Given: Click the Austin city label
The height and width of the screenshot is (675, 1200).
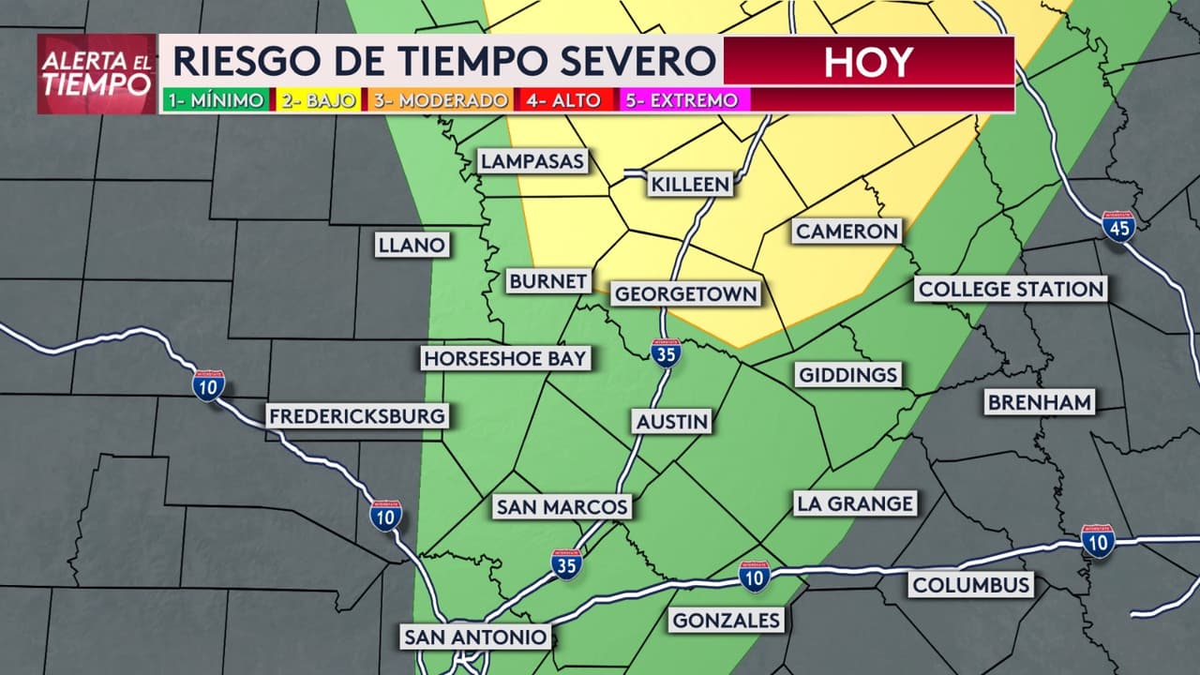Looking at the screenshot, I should pyautogui.click(x=672, y=421).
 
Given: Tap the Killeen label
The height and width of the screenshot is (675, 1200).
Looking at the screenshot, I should pyautogui.click(x=690, y=184).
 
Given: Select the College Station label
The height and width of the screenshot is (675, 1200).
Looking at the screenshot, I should pyautogui.click(x=1011, y=289).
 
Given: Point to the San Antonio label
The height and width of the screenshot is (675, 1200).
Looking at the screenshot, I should pyautogui.click(x=475, y=637).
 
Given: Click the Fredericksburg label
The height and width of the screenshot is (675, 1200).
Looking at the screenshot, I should pyautogui.click(x=357, y=416).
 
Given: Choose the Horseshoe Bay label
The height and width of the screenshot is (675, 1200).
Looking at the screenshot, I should pyautogui.click(x=504, y=358).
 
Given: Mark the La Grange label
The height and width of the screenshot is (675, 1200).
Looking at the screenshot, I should pyautogui.click(x=854, y=503).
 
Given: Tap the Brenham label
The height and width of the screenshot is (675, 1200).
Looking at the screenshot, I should pyautogui.click(x=1039, y=403).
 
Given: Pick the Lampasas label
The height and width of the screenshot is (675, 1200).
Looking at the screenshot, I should pyautogui.click(x=532, y=161).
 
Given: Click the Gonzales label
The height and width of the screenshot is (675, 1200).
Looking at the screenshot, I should pyautogui.click(x=727, y=620).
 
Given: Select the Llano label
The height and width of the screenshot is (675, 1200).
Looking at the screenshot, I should pyautogui.click(x=411, y=246).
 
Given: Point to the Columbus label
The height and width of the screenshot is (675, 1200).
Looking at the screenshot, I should pyautogui.click(x=971, y=586).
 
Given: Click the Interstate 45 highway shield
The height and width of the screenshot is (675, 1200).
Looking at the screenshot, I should pyautogui.click(x=1118, y=226).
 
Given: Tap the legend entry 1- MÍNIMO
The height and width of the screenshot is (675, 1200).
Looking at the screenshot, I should pyautogui.click(x=216, y=100).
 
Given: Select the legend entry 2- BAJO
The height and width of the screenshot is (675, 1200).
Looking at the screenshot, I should pyautogui.click(x=318, y=100).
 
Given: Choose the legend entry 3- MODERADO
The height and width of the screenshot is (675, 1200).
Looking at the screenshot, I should pyautogui.click(x=441, y=100).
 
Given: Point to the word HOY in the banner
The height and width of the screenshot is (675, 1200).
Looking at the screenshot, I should pyautogui.click(x=867, y=62).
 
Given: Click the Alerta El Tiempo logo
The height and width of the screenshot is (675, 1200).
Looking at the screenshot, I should pyautogui.click(x=97, y=74).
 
